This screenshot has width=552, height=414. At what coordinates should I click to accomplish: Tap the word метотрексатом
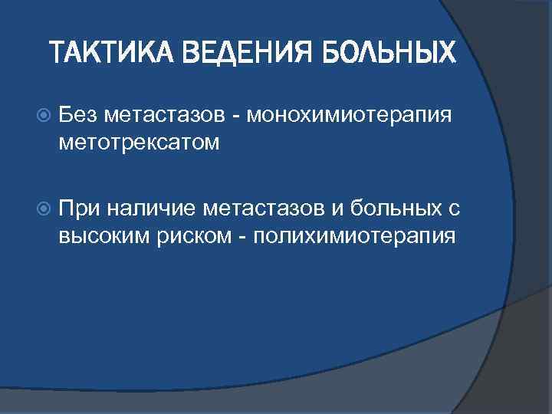click(x=139, y=143)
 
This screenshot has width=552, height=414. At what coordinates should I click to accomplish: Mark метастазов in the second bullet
click(x=261, y=207)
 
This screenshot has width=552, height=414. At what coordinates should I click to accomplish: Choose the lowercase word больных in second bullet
click(x=389, y=207)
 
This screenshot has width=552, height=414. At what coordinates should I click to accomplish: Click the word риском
click(x=192, y=235)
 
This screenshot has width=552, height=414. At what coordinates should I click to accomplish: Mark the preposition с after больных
click(x=452, y=207)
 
